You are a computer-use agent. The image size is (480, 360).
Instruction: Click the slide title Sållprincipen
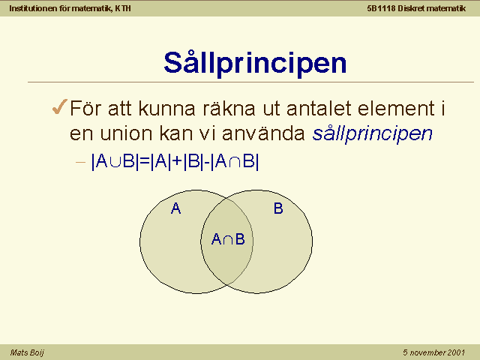click(x=255, y=63)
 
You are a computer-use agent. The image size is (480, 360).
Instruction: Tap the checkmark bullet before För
click(x=60, y=106)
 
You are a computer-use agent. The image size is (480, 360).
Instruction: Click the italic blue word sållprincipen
click(x=372, y=133)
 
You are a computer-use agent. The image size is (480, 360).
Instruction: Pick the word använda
click(x=263, y=133)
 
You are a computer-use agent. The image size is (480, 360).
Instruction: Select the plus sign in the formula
click(x=177, y=161)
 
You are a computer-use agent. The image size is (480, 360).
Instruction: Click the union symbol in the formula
click(x=115, y=162)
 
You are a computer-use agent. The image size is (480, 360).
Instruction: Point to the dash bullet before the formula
click(x=80, y=162)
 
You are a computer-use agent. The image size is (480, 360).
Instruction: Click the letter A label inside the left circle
click(x=175, y=208)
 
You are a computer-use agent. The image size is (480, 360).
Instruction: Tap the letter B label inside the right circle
click(x=278, y=208)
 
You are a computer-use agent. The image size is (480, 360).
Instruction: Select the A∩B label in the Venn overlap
click(x=228, y=239)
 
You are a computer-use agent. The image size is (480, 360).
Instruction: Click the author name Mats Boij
click(x=27, y=352)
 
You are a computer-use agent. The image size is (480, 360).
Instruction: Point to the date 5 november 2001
click(x=433, y=352)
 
